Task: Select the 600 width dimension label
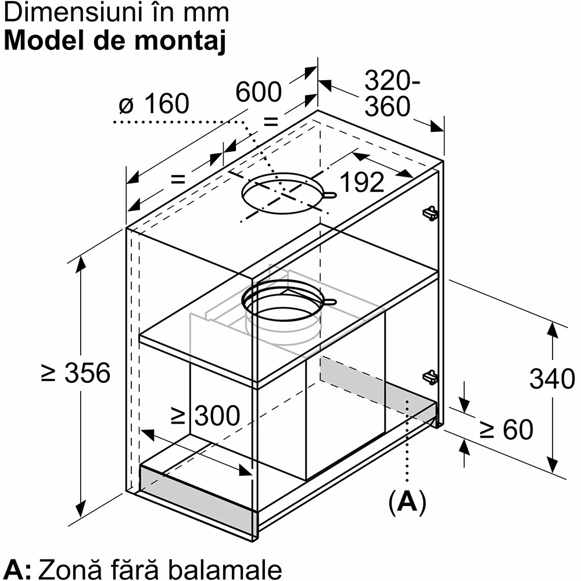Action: click(259, 92)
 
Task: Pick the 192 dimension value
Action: click(361, 182)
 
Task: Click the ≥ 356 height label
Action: click(76, 372)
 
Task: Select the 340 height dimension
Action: click(552, 379)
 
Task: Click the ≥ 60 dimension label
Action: click(505, 430)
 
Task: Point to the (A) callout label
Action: click(407, 502)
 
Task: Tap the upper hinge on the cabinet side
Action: click(430, 213)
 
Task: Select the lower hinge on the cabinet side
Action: click(430, 377)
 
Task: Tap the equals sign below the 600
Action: click(270, 121)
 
